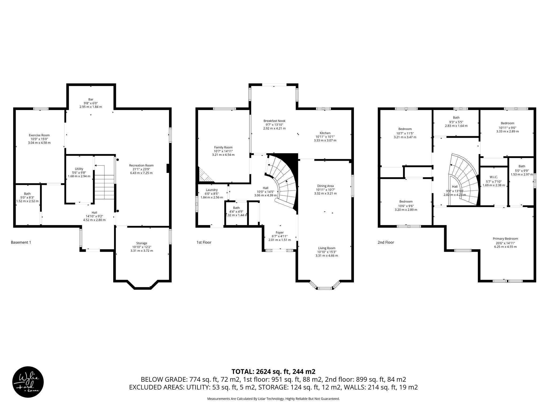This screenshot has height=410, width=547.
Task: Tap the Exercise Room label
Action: [x=39, y=135]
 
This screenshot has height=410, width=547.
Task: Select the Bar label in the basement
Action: [x=91, y=99]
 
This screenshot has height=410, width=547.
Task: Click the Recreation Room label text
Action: [x=141, y=165]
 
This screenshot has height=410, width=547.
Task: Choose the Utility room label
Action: [x=79, y=169]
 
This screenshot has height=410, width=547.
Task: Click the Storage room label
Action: [x=142, y=243]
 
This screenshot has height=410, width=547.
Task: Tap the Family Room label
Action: [x=223, y=147]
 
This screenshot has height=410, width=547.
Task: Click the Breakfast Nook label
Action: [x=274, y=121]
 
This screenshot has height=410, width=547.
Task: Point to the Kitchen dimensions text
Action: [x=325, y=139]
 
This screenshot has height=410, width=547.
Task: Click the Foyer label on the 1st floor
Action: [x=280, y=232]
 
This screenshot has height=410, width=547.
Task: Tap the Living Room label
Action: [x=327, y=248]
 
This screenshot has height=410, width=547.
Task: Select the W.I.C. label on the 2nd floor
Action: [x=494, y=177]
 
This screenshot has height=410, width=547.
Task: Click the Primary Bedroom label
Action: [x=505, y=239]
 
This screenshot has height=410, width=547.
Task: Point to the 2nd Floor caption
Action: [x=386, y=242]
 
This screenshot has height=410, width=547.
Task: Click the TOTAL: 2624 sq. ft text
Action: [x=273, y=371]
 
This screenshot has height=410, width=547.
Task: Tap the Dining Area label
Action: [x=325, y=186]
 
